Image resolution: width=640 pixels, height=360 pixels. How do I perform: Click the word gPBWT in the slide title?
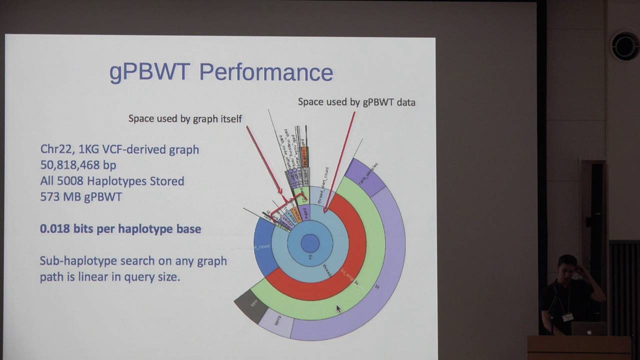(149, 72)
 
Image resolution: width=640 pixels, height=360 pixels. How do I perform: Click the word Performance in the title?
(266, 72)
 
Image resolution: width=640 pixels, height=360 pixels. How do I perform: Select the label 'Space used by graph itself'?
(185, 118)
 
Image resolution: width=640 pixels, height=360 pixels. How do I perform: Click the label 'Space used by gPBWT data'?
(356, 102)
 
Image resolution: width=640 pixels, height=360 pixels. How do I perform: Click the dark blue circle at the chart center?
(310, 243)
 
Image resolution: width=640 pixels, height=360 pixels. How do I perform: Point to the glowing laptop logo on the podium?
(588, 331)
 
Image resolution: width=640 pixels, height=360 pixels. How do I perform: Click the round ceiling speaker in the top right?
(625, 46)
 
